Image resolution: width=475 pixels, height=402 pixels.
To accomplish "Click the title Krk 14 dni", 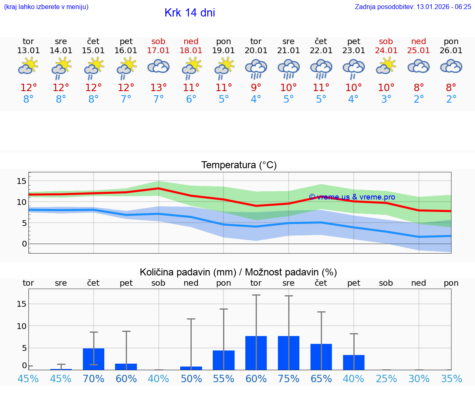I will tap(190, 13).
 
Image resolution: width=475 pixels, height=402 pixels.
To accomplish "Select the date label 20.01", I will tap(256, 51).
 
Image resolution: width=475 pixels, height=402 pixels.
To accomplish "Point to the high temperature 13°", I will tap(159, 88).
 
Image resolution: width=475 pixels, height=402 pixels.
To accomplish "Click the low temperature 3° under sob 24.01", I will tap(386, 99).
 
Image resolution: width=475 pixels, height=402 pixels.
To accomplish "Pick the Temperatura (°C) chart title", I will tap(239, 165).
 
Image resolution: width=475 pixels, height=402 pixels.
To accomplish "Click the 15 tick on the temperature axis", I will tap(22, 181).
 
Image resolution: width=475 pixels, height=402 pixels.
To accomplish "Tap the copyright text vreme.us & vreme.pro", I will tap(352, 197).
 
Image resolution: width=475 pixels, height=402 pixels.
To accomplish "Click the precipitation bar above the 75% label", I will tap(289, 353).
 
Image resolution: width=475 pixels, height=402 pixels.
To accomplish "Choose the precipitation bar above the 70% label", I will tap(94, 359).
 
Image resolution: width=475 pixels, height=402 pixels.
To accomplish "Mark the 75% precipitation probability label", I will tap(289, 379).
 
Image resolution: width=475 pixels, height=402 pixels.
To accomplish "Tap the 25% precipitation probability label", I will tap(386, 379).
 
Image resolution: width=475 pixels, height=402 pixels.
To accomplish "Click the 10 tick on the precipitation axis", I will tap(22, 326).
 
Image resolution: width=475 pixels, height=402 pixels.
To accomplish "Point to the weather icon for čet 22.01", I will tap(321, 68).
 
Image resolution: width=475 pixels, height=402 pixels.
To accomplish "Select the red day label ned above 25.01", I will tap(419, 42).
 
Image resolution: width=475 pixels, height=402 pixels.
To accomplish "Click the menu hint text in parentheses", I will tap(46, 7).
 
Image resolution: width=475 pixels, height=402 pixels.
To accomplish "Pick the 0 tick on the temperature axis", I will tap(24, 244).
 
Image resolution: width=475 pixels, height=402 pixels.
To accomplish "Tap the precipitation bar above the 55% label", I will tap(223, 360).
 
